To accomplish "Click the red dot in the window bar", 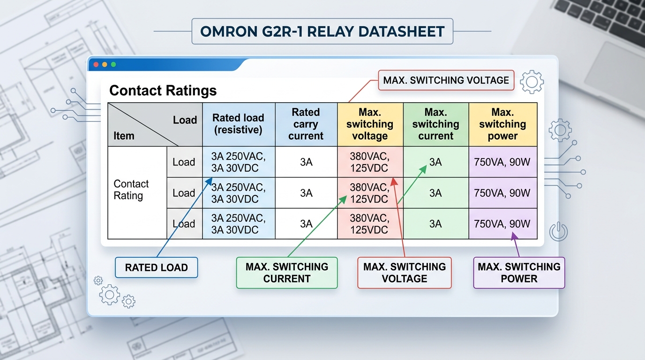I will coord(96,64).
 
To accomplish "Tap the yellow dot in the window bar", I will coord(105,64).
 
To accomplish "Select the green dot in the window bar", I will coord(113,64).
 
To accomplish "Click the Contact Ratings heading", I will coord(163,90).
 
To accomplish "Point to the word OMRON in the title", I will coord(224,32).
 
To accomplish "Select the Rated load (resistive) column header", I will coord(238,124).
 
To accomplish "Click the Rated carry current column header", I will coord(306,124).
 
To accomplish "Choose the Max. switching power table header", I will coord(502,124).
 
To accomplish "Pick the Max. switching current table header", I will coord(435,124).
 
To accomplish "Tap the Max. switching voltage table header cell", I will coord(370,124).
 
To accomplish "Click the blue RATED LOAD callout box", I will coord(156,268).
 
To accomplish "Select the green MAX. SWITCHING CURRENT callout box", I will coord(286,272).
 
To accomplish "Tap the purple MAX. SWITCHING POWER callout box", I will coord(519,272).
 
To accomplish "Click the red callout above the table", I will coord(446,80).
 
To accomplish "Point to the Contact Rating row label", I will coord(131,190).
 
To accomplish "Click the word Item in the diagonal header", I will coord(124,136).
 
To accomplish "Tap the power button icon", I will coord(558,232).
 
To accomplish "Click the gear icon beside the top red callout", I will coord(532,82).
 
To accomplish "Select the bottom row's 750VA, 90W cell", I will coord(502,224).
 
